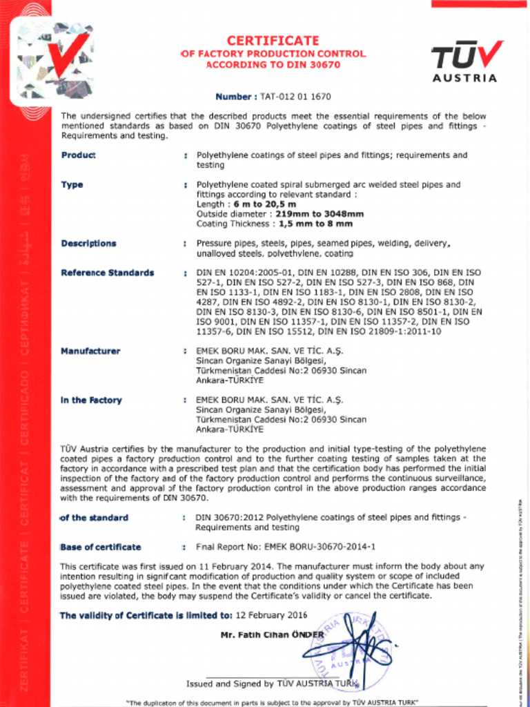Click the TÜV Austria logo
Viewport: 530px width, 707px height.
coord(464,61)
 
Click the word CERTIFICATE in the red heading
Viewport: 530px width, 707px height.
coord(273,41)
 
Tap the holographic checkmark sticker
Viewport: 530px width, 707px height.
coord(55,60)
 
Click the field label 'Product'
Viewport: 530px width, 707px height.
coord(78,155)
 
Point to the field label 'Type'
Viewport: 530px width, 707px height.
coord(72,185)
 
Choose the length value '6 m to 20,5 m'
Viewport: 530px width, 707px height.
coord(266,204)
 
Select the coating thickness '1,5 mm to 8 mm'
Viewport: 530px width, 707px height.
coord(315,224)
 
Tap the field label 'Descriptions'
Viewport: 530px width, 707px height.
coord(88,244)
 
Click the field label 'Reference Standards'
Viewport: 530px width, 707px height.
coord(107,273)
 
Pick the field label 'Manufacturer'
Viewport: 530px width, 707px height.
coord(90,351)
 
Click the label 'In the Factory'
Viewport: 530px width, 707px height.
coord(91,400)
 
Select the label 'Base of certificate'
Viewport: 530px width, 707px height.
coord(101,547)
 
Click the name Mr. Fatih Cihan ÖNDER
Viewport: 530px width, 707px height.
coord(272,635)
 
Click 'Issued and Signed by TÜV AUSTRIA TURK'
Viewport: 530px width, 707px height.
coord(272,684)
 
